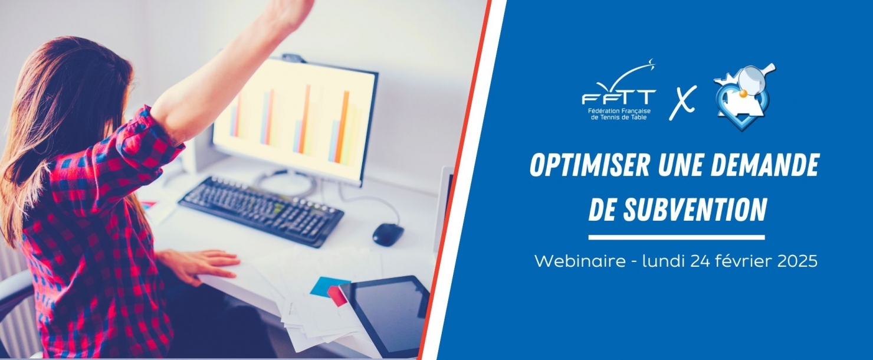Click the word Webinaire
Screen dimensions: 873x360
(579, 260)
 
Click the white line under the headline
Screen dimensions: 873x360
(677, 237)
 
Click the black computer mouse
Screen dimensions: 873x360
(388, 235)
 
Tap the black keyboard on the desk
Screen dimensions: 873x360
(261, 211)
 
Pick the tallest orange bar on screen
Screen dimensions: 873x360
(307, 119)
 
